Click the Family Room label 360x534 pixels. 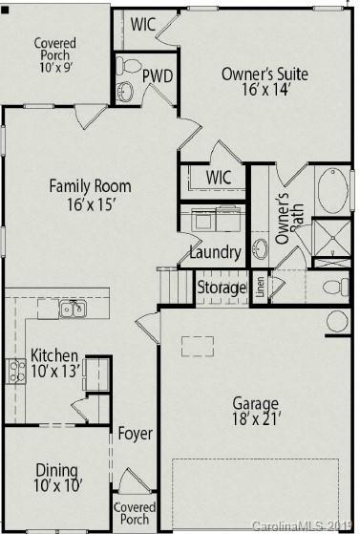(90, 186)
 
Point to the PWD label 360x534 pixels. (157, 75)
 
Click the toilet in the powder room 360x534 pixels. (128, 65)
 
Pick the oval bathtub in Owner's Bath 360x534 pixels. (333, 191)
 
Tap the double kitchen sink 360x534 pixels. (72, 308)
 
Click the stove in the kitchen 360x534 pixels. (15, 371)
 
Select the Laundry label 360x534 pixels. (214, 254)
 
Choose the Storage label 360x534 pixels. (221, 288)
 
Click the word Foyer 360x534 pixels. (135, 434)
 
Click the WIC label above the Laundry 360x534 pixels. (221, 178)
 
